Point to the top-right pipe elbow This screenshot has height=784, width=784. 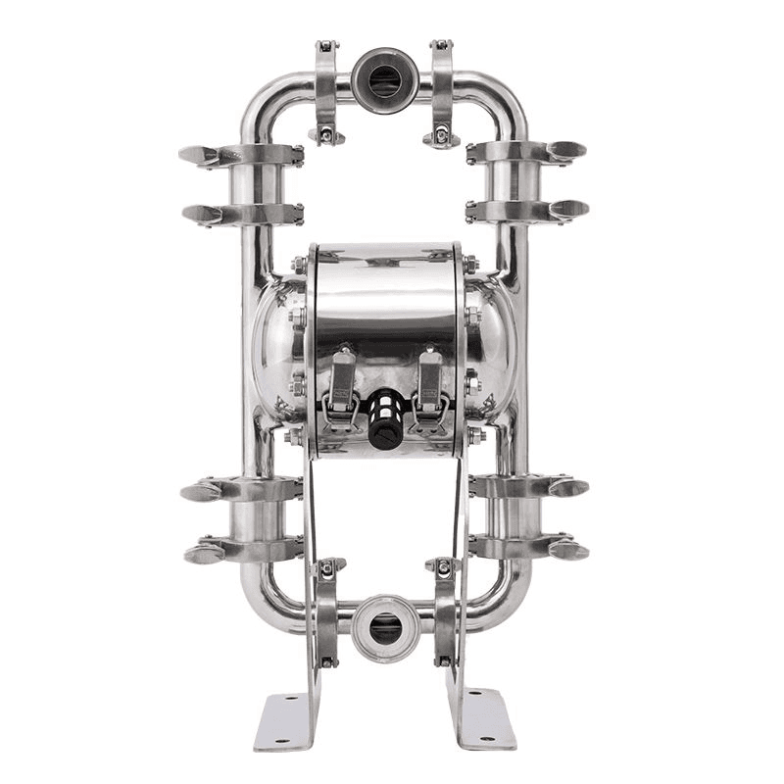503,98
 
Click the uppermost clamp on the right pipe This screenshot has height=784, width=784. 526,152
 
